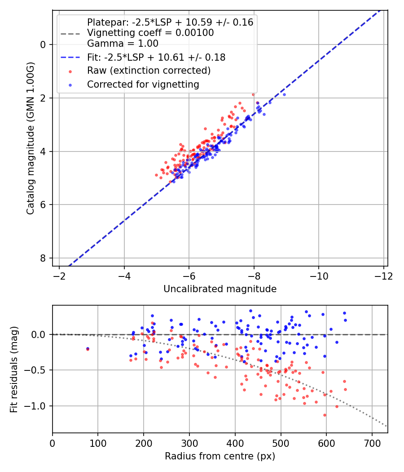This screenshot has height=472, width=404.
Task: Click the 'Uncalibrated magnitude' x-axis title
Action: (x=220, y=289)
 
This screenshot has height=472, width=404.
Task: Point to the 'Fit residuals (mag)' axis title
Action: (x=14, y=369)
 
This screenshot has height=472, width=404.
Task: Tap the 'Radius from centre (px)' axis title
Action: (x=220, y=456)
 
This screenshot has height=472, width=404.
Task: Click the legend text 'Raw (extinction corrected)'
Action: (x=149, y=71)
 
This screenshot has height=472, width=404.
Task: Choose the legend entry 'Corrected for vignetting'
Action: (x=143, y=84)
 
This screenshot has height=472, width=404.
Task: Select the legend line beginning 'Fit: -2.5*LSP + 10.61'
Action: (x=156, y=57)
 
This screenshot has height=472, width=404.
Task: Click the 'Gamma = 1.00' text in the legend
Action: (x=123, y=44)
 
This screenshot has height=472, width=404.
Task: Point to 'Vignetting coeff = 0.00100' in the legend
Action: (x=150, y=33)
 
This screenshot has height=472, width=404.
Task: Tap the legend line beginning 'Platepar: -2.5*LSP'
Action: (x=170, y=22)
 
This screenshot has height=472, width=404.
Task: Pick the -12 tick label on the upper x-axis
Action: (x=383, y=276)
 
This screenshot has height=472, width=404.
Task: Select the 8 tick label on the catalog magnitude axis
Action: (x=43, y=258)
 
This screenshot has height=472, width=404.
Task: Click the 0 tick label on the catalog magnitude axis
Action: (x=43, y=45)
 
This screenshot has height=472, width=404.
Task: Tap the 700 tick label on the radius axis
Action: (x=372, y=443)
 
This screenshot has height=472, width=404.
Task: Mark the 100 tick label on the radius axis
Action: (x=98, y=443)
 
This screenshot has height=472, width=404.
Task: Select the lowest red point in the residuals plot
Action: (x=325, y=415)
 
